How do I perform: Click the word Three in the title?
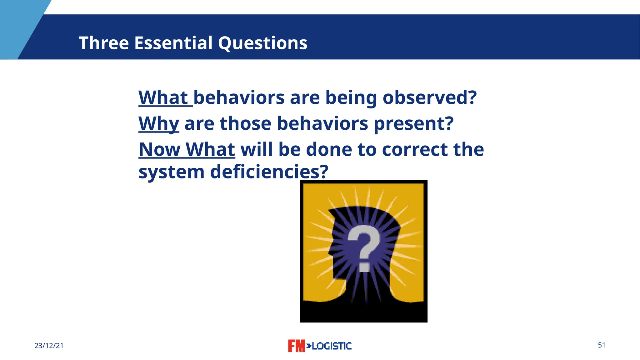pyautogui.click(x=103, y=43)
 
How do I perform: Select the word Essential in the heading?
pyautogui.click(x=173, y=43)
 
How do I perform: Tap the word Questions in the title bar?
pyautogui.click(x=262, y=43)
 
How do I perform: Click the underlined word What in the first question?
pyautogui.click(x=163, y=97)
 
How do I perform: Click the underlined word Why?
pyautogui.click(x=159, y=123)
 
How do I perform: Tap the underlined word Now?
pyautogui.click(x=159, y=149)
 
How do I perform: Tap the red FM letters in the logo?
pyautogui.click(x=296, y=346)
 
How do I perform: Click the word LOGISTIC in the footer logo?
pyautogui.click(x=332, y=346)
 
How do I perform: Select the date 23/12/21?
pyautogui.click(x=49, y=346)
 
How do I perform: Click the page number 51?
pyautogui.click(x=601, y=345)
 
